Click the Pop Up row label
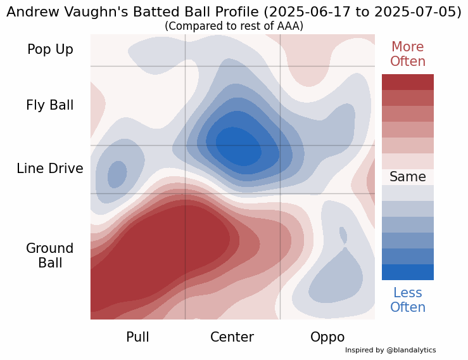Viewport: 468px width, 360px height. [x=50, y=49]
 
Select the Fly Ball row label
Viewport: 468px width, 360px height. [x=50, y=105]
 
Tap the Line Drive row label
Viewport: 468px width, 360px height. [x=50, y=169]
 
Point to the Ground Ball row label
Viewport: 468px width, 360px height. [x=50, y=255]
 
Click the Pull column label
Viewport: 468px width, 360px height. [x=137, y=337]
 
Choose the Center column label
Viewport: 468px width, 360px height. [x=232, y=337]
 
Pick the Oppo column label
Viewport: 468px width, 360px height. [x=327, y=337]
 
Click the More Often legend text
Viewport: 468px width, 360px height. [x=407, y=55]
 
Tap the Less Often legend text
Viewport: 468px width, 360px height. [x=407, y=300]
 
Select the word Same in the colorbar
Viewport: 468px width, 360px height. [x=407, y=177]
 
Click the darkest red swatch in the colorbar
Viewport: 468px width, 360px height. [x=407, y=82]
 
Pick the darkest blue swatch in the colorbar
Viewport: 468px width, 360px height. [x=407, y=272]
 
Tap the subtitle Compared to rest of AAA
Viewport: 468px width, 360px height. [x=234, y=26]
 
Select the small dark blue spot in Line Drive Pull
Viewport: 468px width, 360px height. [x=117, y=174]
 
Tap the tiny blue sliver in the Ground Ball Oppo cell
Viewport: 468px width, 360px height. [x=343, y=235]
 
